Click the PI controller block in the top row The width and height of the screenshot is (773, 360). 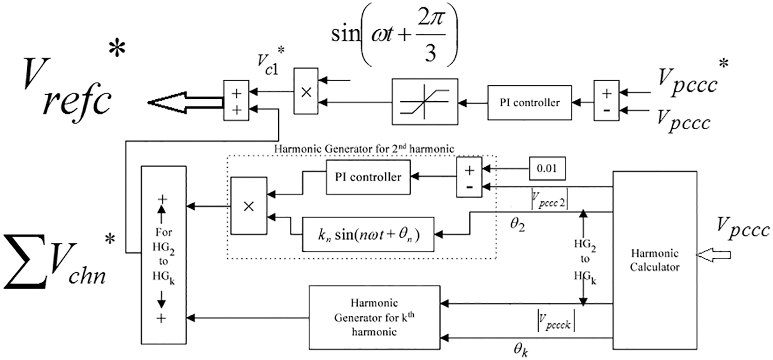pyautogui.click(x=529, y=102)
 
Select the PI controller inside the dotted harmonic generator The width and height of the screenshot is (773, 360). pyautogui.click(x=368, y=177)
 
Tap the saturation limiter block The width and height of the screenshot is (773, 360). pyautogui.click(x=425, y=101)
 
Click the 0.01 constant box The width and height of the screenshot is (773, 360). pyautogui.click(x=547, y=169)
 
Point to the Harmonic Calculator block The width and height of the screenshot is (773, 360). pyautogui.click(x=655, y=260)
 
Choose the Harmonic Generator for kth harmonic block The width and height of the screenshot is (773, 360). pyautogui.click(x=374, y=317)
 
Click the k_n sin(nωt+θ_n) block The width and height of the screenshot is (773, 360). pyautogui.click(x=368, y=235)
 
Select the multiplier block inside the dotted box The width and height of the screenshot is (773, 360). pyautogui.click(x=249, y=206)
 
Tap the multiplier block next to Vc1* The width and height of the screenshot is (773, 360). pyautogui.click(x=306, y=91)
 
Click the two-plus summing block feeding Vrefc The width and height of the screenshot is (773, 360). pyautogui.click(x=236, y=100)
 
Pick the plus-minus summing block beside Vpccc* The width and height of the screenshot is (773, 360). pyautogui.click(x=606, y=100)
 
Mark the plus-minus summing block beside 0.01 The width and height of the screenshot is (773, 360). pyautogui.click(x=469, y=177)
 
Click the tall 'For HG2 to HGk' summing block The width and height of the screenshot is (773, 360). pyautogui.click(x=164, y=255)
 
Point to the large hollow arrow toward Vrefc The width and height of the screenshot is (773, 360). pyautogui.click(x=186, y=102)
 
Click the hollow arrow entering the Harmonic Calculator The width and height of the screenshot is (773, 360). pyautogui.click(x=713, y=255)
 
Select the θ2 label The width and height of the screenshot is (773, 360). pyautogui.click(x=517, y=225)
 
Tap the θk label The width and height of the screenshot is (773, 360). pyautogui.click(x=521, y=350)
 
